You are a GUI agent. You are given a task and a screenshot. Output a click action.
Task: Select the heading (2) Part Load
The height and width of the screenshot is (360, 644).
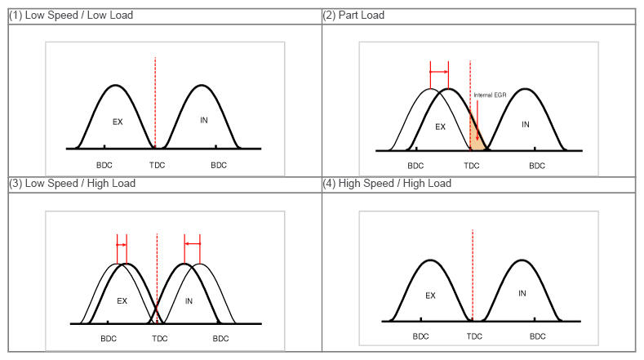click(354, 16)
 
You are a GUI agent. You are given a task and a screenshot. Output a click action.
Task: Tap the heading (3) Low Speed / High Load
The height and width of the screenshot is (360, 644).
click(72, 184)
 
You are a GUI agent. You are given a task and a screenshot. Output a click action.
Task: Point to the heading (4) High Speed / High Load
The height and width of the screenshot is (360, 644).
click(387, 184)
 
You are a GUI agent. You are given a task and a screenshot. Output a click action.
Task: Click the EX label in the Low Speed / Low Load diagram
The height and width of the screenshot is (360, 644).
click(117, 121)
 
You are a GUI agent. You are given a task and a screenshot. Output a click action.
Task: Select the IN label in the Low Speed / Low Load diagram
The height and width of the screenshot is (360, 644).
click(203, 120)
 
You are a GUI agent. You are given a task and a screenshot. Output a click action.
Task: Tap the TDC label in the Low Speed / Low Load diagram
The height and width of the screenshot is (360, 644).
click(156, 165)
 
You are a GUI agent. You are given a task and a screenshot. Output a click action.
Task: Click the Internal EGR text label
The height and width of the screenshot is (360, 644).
click(490, 95)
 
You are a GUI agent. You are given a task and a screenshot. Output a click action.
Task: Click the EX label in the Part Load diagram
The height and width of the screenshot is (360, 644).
click(440, 127)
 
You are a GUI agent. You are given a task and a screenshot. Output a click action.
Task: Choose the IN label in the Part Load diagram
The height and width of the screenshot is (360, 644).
click(526, 124)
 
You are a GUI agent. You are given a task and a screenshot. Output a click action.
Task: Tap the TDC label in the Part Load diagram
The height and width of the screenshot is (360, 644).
click(471, 166)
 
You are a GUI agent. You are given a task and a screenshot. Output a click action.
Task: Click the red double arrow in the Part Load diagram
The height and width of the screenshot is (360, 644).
click(439, 72)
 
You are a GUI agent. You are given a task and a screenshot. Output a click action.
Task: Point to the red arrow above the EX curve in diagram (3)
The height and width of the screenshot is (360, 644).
click(122, 244)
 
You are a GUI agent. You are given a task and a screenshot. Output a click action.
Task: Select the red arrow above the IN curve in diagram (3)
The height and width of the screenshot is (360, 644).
click(193, 243)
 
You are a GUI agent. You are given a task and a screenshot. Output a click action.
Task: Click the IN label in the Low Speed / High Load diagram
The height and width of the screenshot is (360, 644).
click(189, 300)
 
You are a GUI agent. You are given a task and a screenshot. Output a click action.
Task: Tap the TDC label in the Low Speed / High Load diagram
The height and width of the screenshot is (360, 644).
click(157, 338)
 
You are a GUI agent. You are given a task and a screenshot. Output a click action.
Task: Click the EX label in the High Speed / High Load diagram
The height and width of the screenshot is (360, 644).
click(430, 296)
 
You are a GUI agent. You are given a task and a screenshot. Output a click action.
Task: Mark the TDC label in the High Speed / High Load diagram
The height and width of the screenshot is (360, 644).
click(473, 336)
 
